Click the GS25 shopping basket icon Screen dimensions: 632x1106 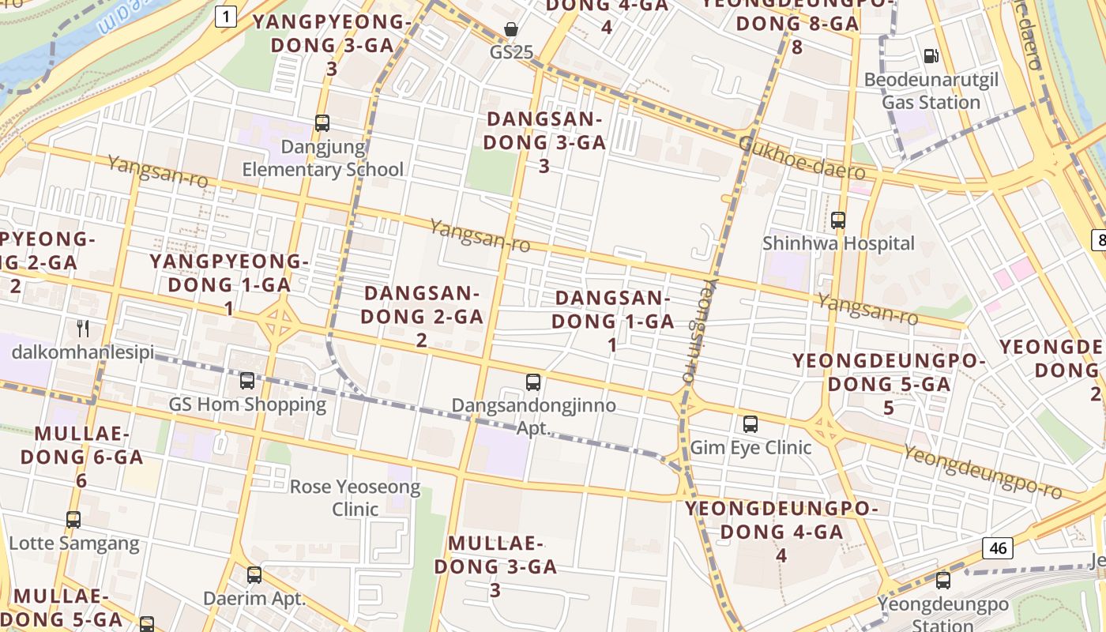(512, 30)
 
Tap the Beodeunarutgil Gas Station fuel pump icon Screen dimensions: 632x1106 (931, 56)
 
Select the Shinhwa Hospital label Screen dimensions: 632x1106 (838, 243)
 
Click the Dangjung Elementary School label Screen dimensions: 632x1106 (322, 158)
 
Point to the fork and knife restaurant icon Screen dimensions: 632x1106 (82, 328)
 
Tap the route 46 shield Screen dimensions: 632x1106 (999, 547)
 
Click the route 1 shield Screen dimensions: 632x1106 (226, 17)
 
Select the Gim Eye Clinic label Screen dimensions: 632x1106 (750, 447)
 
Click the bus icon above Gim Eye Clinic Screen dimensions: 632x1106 (750, 424)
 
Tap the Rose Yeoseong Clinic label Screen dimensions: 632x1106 (355, 498)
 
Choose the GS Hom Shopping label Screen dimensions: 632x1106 (247, 404)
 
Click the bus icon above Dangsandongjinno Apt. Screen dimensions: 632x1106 (533, 382)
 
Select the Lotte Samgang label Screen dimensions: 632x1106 (73, 544)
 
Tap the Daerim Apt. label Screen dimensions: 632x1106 (254, 598)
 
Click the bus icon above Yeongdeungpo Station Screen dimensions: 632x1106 (942, 581)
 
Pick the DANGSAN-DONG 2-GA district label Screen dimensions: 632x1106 (422, 316)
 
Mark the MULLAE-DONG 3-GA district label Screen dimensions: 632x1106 (495, 566)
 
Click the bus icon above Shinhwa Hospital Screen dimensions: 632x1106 (838, 220)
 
